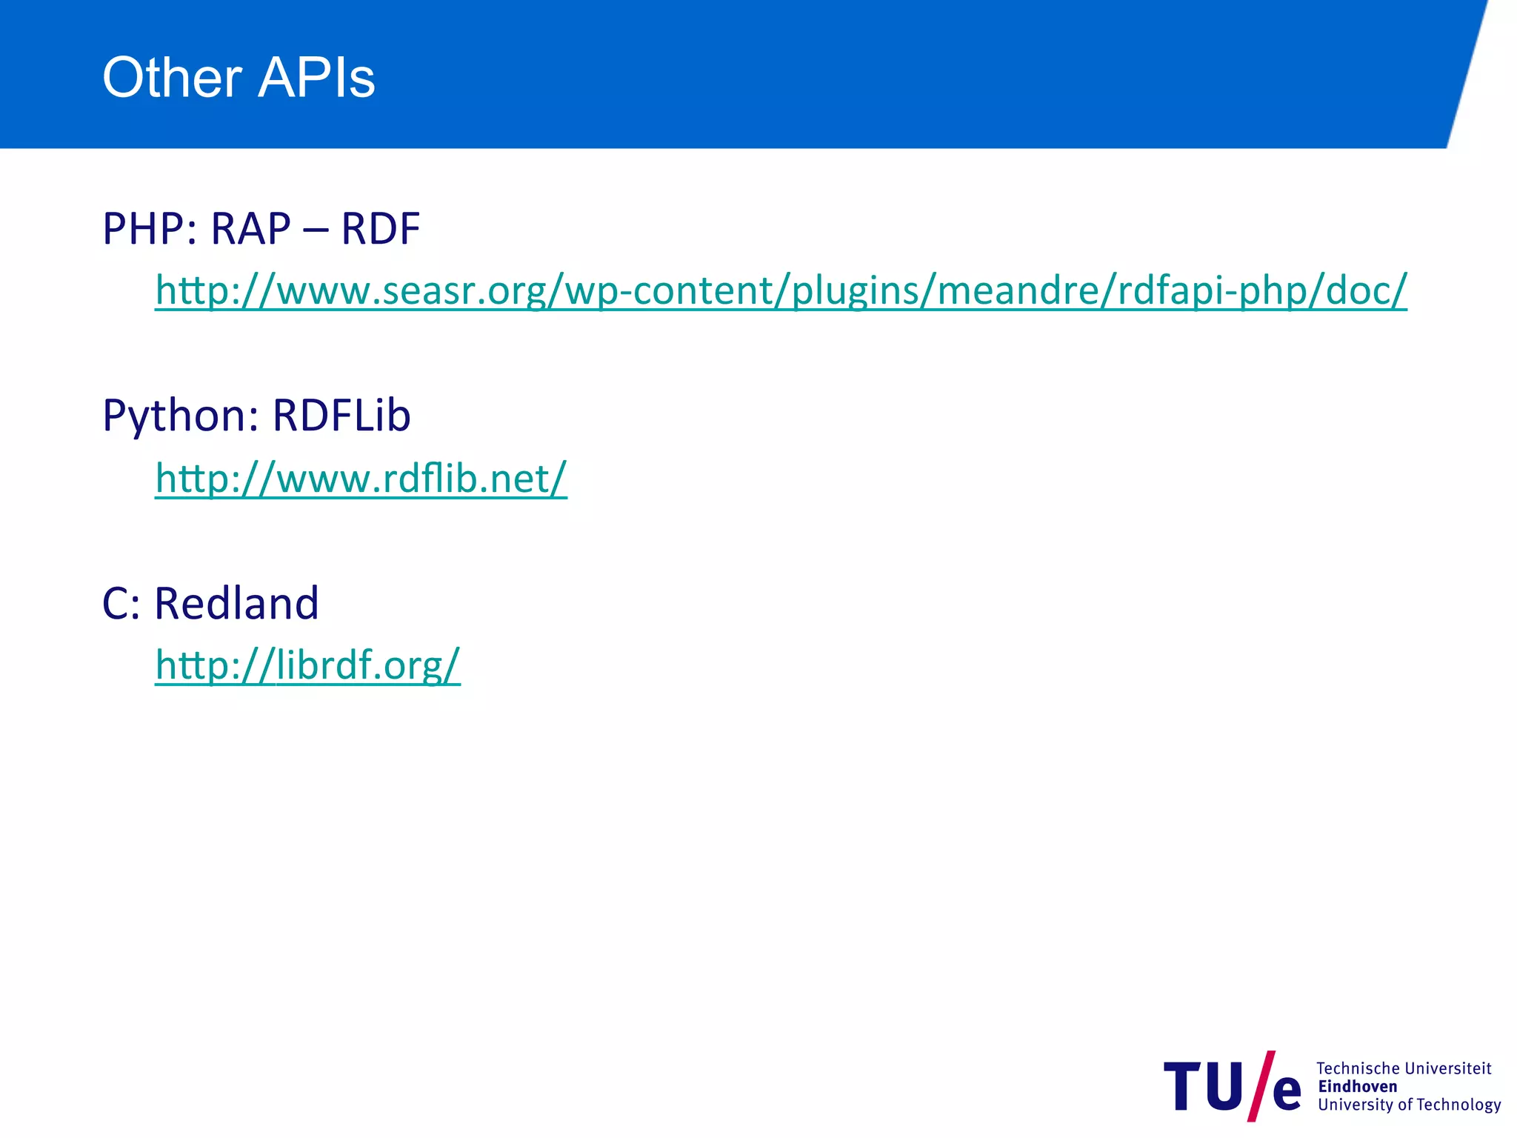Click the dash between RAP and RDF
tap(316, 230)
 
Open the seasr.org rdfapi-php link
tap(781, 290)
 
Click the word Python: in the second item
tap(180, 416)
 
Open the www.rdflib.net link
tap(361, 478)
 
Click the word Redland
tap(236, 602)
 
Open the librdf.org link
tap(307, 665)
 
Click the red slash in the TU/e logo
tap(1261, 1085)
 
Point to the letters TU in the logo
tap(1204, 1086)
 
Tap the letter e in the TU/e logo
tap(1287, 1092)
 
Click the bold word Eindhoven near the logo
tap(1357, 1086)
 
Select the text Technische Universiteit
tap(1403, 1068)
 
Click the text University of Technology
tap(1409, 1105)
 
